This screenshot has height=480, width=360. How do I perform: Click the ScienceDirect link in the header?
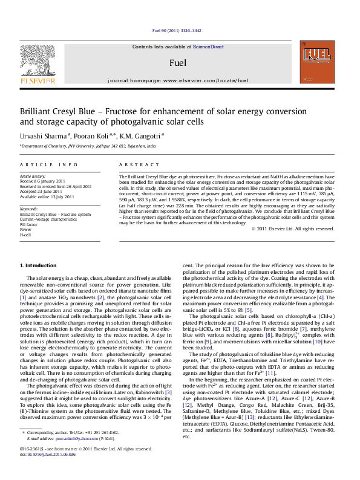209,47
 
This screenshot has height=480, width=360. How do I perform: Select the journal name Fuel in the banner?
178,62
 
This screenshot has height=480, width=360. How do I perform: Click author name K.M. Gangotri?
142,136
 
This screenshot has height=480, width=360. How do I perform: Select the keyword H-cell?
26,235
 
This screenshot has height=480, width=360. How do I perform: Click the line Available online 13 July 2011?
47,196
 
